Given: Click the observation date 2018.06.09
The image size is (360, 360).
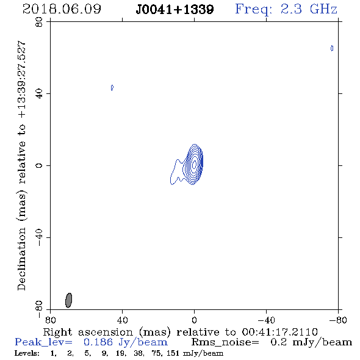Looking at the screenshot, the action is pos(62,9).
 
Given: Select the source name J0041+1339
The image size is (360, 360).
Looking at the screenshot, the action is pos(175,10).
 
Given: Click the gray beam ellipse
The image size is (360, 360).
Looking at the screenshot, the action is pos(69,300).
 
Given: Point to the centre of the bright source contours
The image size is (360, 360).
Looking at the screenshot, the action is pos(194,164).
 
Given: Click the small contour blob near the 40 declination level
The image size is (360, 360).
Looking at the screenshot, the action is pos(112,87).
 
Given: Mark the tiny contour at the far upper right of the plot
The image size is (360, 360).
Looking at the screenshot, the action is pos(332,48).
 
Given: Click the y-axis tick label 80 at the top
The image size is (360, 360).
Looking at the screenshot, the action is pos(39,22).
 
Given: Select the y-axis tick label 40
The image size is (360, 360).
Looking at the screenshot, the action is pos(39,94).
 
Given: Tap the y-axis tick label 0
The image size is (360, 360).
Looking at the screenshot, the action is pos(39,165).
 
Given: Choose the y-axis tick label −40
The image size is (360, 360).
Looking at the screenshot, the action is pos(39,237).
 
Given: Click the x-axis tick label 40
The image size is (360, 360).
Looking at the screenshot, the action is pos(122,320).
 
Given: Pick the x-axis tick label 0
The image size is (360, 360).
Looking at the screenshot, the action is pos(194,320).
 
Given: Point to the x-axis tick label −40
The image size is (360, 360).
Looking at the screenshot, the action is pos(266,320).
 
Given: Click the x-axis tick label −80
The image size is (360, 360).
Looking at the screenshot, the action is pos(338,320).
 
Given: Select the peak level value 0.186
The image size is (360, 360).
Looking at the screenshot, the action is pos(98,342).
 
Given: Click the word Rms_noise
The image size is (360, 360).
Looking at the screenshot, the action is pos(225,342).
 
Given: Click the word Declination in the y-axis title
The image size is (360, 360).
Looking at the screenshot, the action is pos(21,259).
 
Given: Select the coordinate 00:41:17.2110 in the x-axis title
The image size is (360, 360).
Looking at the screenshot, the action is pos(279,332).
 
